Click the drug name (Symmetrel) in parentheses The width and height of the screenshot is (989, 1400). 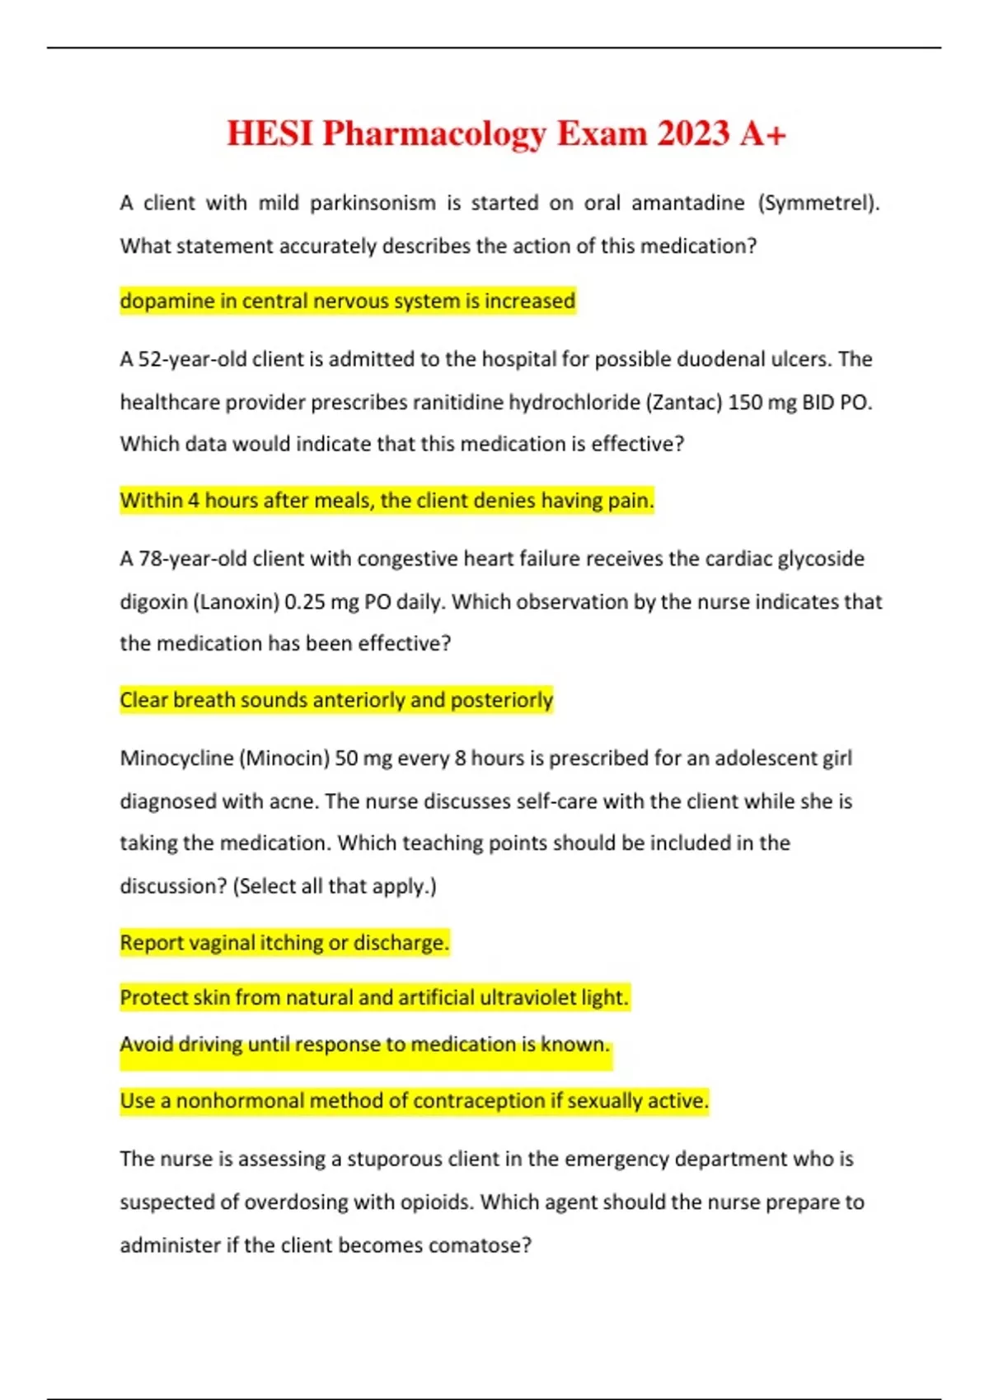(x=818, y=203)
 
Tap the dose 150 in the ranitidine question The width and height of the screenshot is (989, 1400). (x=745, y=403)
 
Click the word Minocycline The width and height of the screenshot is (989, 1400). (x=176, y=758)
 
